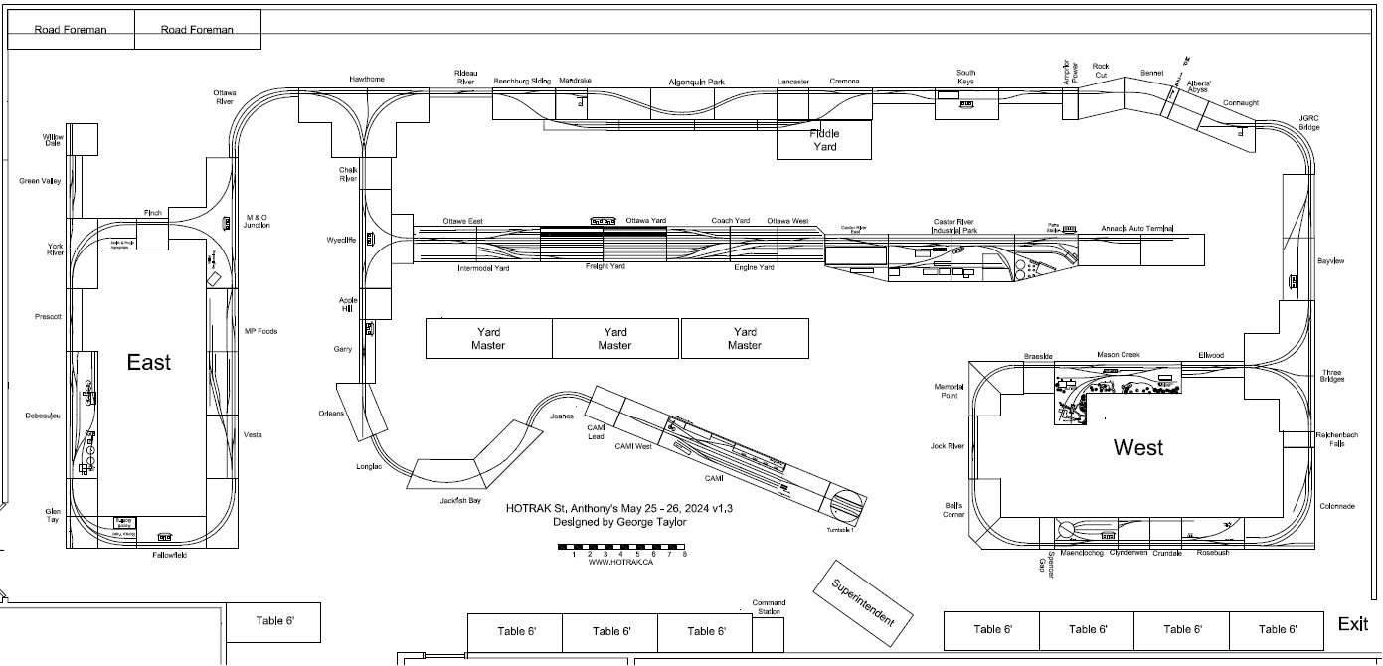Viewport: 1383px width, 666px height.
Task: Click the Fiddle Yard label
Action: pos(824,140)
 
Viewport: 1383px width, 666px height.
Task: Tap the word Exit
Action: pos(1352,624)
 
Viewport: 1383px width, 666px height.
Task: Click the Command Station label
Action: pos(769,607)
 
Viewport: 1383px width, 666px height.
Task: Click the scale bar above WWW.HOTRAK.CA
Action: pos(622,547)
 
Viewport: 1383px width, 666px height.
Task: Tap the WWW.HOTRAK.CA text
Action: pos(621,563)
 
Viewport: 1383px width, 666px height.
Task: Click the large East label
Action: pos(148,362)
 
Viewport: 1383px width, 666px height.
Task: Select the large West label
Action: pos(1138,447)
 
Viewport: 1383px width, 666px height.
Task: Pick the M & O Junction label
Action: pos(257,221)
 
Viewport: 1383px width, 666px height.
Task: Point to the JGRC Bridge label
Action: pos(1309,121)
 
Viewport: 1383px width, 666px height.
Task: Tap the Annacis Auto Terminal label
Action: pos(1137,230)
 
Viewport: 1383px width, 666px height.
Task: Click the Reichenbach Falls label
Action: pos(1330,440)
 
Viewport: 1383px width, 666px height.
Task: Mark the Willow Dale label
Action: pos(53,139)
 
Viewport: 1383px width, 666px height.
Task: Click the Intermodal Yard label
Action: pos(483,268)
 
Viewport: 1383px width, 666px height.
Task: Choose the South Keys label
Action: pos(965,77)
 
